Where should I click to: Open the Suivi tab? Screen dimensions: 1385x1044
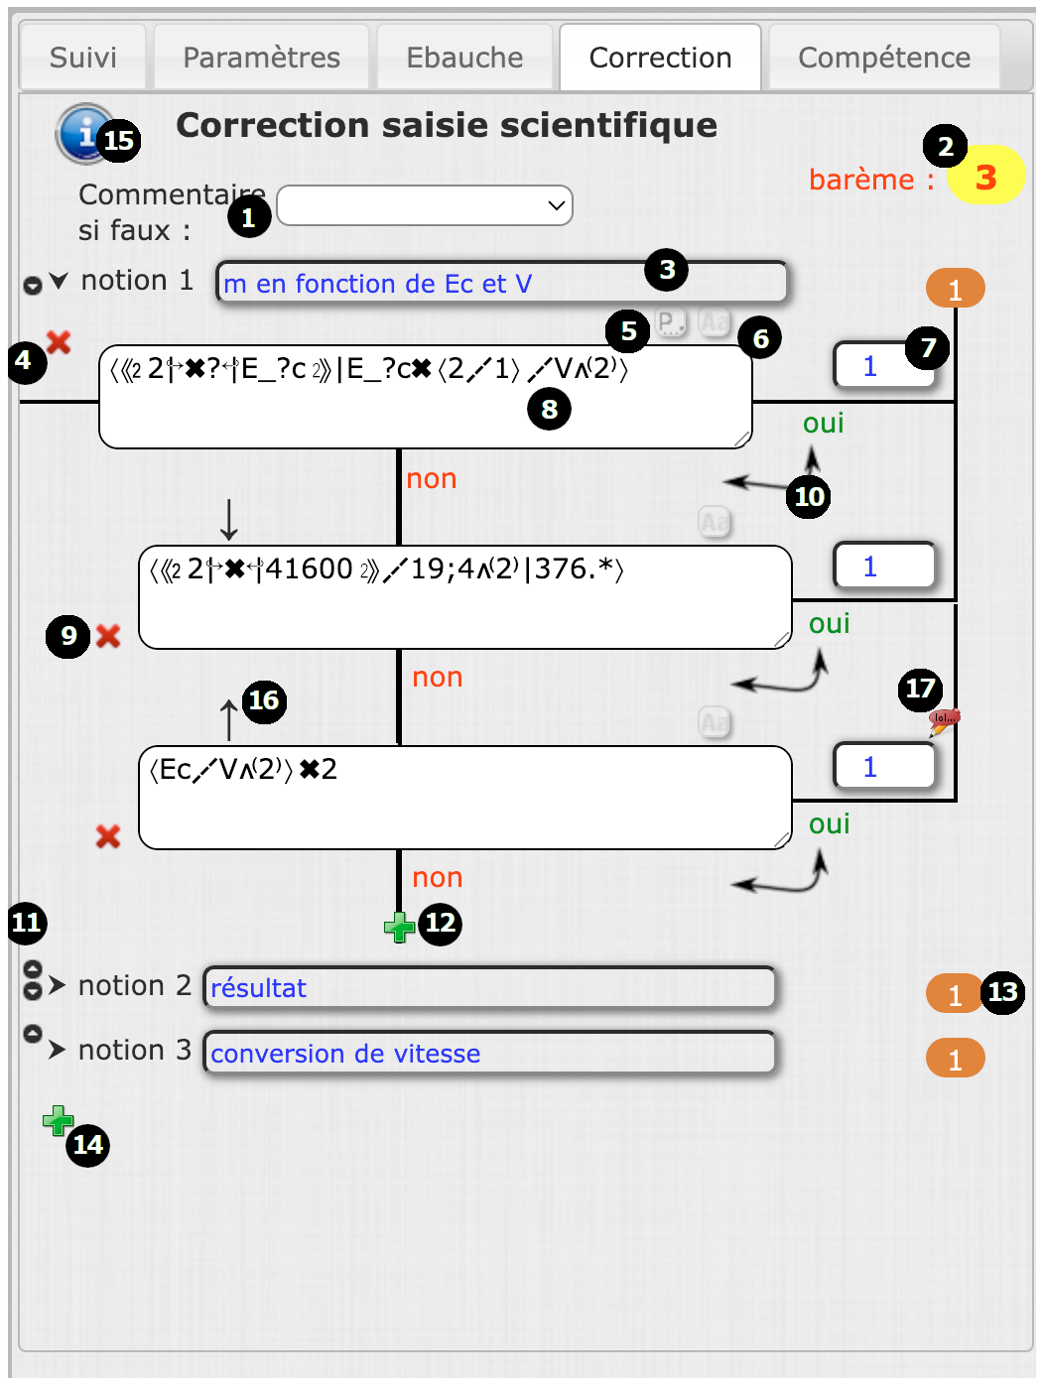pos(83,58)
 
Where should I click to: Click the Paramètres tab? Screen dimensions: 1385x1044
pos(261,58)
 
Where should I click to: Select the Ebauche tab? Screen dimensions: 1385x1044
pos(464,58)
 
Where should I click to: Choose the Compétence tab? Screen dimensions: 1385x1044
pos(883,58)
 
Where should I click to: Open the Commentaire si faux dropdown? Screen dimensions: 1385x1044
pos(425,205)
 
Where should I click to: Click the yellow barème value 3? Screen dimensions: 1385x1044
pos(984,177)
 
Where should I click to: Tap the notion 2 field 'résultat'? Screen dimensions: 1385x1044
pos(489,988)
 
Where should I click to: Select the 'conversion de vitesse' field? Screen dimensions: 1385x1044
pos(489,1054)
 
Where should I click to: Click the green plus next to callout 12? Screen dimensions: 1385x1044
pos(399,928)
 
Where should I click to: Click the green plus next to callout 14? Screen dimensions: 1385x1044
pos(58,1121)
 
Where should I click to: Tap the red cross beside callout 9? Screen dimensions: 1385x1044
pos(108,636)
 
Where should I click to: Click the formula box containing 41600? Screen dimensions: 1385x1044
pos(464,597)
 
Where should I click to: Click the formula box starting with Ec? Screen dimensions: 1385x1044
pos(464,798)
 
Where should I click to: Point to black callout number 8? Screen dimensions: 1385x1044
pos(549,408)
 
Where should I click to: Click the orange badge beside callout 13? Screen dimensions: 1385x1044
pos(954,993)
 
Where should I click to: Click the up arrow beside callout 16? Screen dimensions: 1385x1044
pos(229,718)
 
